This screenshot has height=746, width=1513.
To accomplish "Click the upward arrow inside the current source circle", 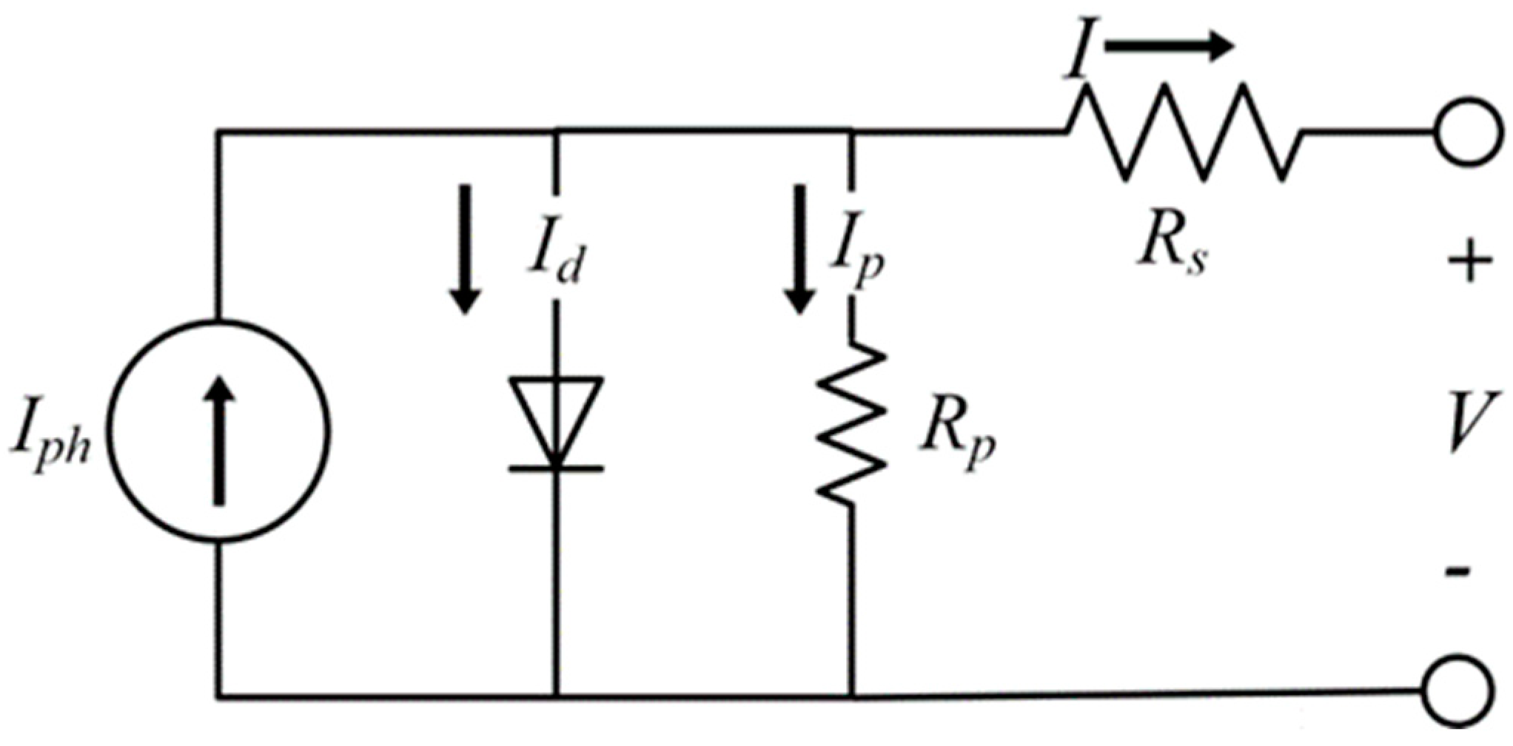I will coord(219,440).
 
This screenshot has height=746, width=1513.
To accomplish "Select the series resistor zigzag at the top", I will coord(1184,133).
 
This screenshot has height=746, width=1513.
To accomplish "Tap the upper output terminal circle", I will coord(1463,133).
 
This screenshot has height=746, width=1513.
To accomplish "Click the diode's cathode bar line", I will coord(556,468).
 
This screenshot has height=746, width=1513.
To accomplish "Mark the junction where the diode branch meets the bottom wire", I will coord(556,696).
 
